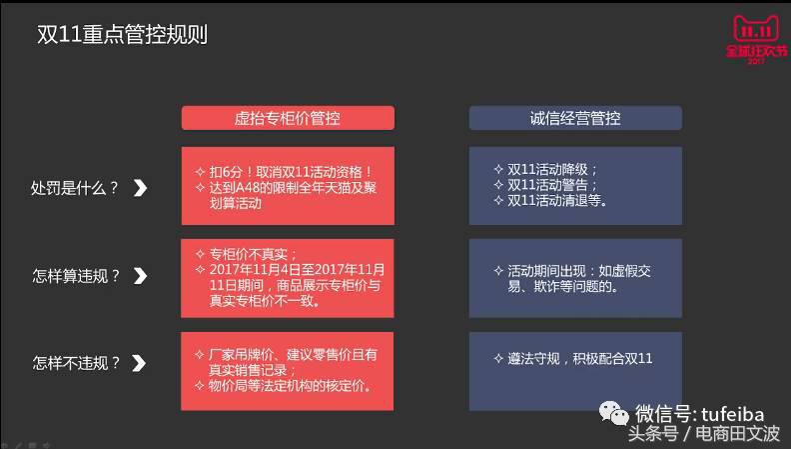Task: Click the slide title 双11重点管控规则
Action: coord(122,35)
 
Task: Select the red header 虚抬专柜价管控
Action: coord(288,118)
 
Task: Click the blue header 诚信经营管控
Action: coord(575,118)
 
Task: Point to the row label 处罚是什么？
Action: coord(75,187)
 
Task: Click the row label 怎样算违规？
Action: coord(75,276)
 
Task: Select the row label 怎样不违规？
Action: coord(75,363)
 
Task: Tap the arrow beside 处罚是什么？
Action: coord(141,187)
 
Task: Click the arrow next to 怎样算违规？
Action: coord(141,276)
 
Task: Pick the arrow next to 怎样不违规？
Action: coord(141,363)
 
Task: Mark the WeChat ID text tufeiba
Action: coord(733,413)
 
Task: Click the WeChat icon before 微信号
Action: coord(612,413)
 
